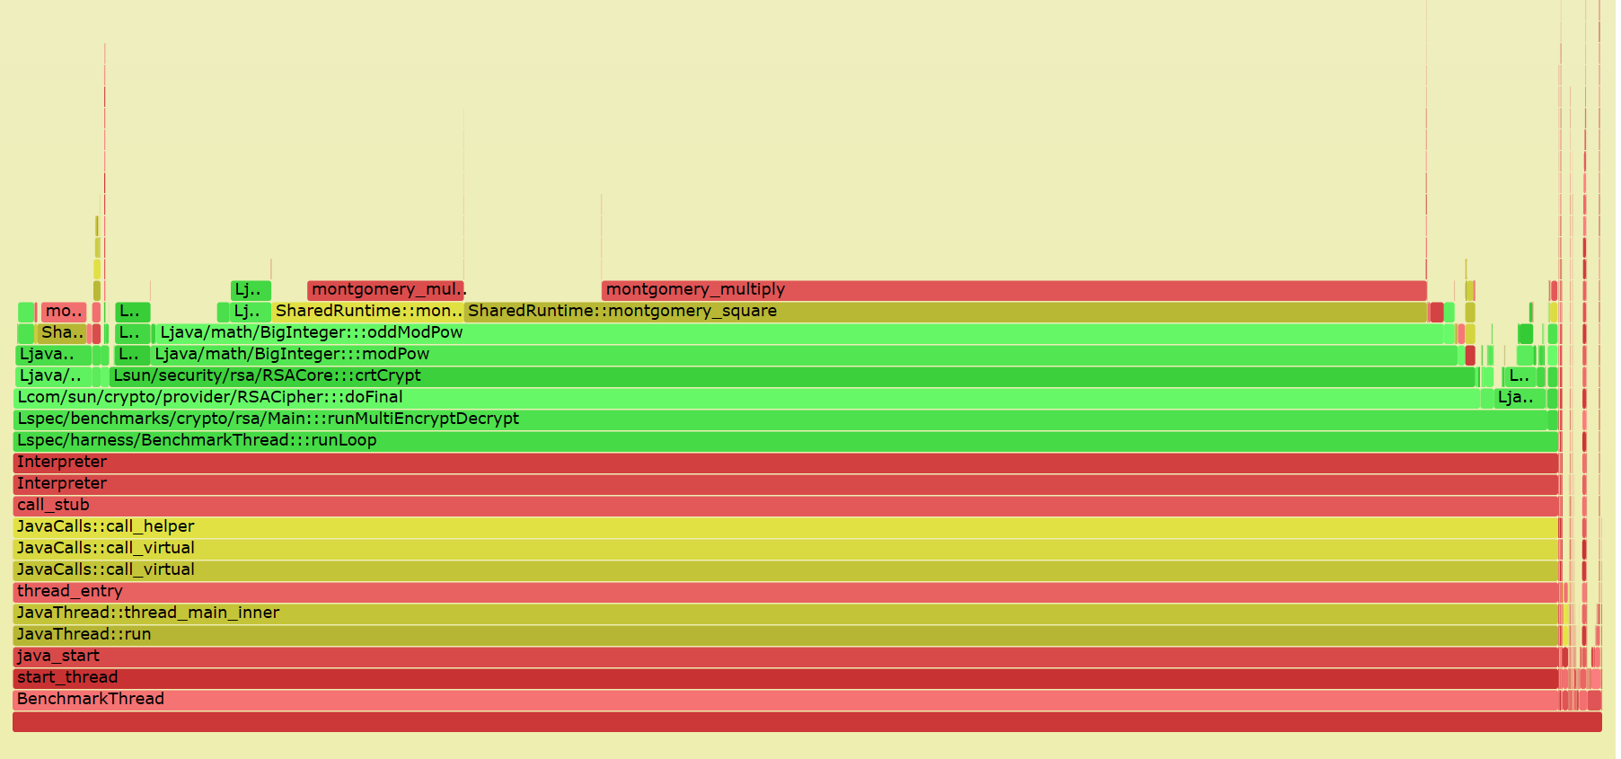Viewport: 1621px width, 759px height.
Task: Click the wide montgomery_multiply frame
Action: pos(1013,290)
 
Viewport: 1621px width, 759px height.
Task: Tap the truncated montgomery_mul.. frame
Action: pos(385,290)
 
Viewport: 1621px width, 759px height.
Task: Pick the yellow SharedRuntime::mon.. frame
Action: pos(367,312)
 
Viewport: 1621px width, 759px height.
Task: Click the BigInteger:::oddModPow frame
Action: pos(799,333)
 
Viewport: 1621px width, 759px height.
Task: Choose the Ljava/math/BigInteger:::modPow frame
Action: pos(804,355)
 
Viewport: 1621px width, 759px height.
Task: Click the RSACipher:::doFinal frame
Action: pos(745,398)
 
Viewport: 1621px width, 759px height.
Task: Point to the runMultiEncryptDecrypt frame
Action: pos(781,419)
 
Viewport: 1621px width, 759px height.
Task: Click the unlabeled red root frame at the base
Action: pos(806,721)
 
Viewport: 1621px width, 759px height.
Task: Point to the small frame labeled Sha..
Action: pos(61,333)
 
